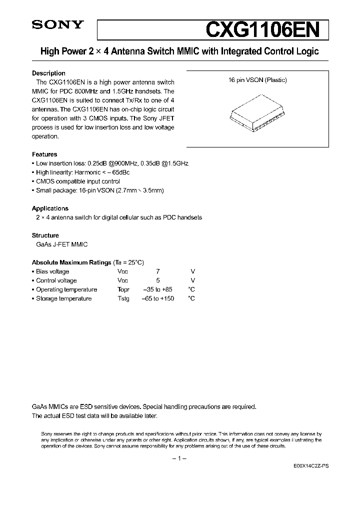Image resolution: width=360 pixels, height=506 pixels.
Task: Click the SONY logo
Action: click(x=53, y=26)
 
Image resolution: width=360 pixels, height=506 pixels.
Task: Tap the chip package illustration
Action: click(x=257, y=115)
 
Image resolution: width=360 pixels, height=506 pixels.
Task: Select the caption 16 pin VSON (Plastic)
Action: click(x=257, y=80)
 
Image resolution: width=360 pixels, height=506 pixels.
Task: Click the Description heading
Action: click(x=48, y=73)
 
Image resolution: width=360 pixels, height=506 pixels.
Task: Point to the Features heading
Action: click(x=44, y=154)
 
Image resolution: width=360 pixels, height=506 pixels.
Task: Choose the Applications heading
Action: click(x=50, y=208)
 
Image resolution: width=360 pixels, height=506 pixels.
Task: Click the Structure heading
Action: click(x=45, y=235)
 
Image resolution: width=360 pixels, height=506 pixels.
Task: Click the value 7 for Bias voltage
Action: click(x=158, y=271)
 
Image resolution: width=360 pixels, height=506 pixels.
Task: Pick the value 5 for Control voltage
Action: click(x=158, y=280)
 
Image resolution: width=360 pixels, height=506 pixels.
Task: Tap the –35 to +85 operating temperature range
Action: click(x=158, y=289)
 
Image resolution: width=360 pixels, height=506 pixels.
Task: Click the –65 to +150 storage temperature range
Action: click(x=158, y=298)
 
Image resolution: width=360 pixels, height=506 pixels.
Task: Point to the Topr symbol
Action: click(x=123, y=289)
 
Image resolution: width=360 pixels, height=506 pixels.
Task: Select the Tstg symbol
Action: click(x=123, y=298)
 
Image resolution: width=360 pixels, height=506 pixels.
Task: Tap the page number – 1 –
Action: click(x=179, y=458)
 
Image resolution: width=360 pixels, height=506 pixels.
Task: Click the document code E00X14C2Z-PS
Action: click(x=311, y=465)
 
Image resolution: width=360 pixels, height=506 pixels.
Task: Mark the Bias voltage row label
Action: click(x=52, y=271)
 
